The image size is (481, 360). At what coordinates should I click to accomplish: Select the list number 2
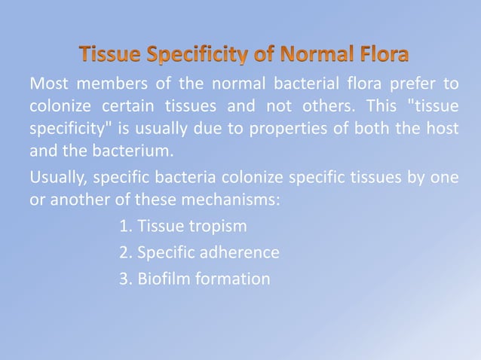pos(124,252)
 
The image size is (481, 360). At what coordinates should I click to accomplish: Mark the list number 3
pos(124,279)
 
